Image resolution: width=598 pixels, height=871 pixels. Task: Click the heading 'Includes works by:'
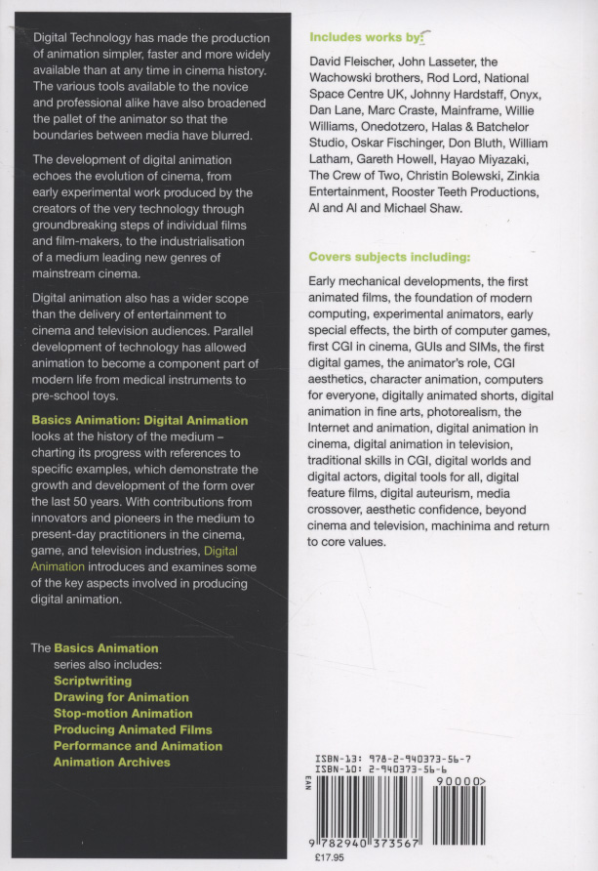[x=366, y=38]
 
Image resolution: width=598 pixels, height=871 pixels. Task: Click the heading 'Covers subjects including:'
[x=389, y=258]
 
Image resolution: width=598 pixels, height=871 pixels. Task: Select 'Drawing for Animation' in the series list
[x=121, y=697]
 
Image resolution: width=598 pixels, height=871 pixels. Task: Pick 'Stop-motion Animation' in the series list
[x=123, y=714]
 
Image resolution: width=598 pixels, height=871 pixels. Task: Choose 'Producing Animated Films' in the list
[x=133, y=729]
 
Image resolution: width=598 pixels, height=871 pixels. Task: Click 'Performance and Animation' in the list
[x=138, y=746]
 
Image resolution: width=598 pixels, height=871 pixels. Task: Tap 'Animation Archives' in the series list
[x=112, y=763]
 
